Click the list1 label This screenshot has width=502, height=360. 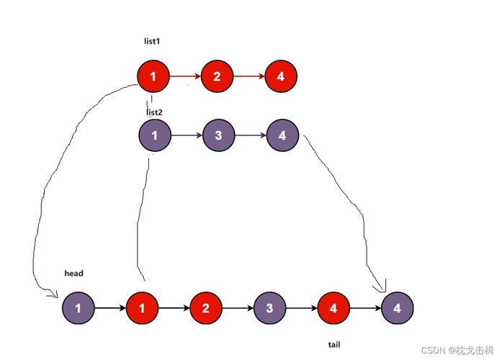151,41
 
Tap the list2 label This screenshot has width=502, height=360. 155,112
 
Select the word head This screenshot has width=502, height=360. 73,274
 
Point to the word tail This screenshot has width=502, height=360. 334,345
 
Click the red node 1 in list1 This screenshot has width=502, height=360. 153,76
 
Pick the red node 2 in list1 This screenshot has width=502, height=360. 217,76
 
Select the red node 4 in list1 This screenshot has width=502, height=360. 281,76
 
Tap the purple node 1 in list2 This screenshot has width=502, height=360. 155,135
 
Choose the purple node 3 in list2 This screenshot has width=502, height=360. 219,135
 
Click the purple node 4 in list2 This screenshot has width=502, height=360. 282,135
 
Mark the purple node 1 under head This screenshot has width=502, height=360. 78,308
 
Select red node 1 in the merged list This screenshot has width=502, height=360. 142,308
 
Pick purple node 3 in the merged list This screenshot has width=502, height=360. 269,308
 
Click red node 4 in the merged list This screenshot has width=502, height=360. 333,308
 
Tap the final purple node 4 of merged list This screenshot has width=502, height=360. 398,308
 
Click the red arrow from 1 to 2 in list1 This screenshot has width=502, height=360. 185,76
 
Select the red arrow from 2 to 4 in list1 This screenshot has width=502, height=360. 248,76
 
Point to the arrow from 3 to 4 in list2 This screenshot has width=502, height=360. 251,135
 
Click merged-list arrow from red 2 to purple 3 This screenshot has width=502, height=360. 238,308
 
